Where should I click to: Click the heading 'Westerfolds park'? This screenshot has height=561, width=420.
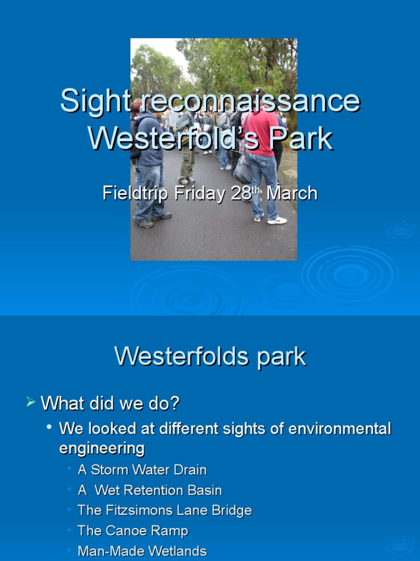pos(210,357)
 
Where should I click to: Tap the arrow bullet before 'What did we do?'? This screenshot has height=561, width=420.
pos(30,403)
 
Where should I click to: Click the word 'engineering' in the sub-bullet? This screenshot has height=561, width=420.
pos(102,448)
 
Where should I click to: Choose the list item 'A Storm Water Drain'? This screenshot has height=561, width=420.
pos(142,470)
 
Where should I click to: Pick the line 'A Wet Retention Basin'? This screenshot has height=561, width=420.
pos(150,490)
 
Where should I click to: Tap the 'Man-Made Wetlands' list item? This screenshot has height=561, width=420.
pos(142,551)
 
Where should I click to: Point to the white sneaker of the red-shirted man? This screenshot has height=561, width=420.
pos(277,220)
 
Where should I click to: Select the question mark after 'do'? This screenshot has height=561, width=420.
pos(175,404)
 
